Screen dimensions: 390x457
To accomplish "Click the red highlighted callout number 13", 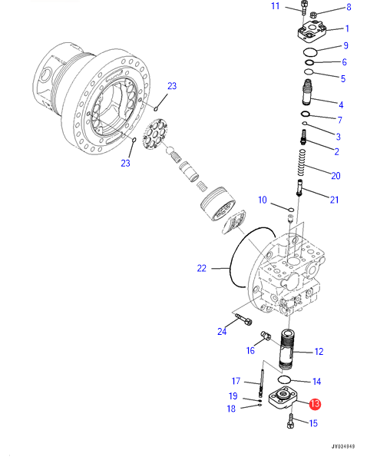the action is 315,404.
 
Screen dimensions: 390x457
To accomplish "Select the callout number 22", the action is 202,268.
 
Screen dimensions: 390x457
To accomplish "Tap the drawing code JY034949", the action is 343,446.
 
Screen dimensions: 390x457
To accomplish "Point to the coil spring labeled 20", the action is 302,163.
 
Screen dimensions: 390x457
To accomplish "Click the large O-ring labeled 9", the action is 310,52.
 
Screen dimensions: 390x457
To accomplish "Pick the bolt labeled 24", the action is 243,320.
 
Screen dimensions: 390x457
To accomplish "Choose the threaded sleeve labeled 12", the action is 286,349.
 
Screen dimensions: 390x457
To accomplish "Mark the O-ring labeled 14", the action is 284,379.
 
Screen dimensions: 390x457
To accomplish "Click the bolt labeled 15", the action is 290,422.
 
